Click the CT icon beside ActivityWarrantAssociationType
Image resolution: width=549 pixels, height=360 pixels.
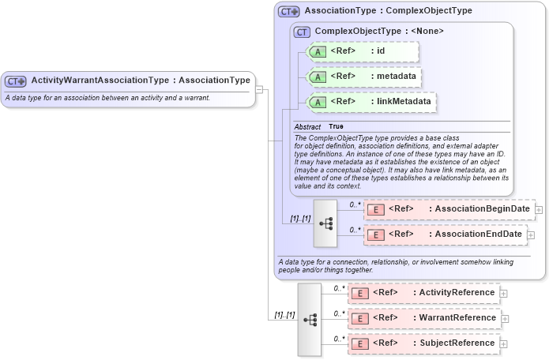pyautogui.click(x=16, y=81)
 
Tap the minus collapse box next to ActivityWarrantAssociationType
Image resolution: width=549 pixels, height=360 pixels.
pyautogui.click(x=258, y=88)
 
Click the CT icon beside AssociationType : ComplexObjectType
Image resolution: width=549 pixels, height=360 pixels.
pyautogui.click(x=289, y=12)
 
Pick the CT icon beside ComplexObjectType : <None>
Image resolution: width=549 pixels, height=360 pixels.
pyautogui.click(x=302, y=32)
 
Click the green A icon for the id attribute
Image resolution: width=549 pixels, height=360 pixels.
pyautogui.click(x=316, y=52)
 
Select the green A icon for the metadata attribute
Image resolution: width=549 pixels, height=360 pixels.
pyautogui.click(x=316, y=77)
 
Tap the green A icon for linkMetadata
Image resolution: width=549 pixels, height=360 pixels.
pyautogui.click(x=316, y=102)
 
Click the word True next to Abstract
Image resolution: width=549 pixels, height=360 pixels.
pyautogui.click(x=336, y=127)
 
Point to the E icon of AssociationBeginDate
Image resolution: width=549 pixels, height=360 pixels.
pyautogui.click(x=377, y=209)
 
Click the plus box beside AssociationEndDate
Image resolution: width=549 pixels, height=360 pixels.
pyautogui.click(x=531, y=234)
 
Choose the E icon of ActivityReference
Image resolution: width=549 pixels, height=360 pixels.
pyautogui.click(x=361, y=293)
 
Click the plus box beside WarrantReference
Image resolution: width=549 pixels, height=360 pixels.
pyautogui.click(x=504, y=319)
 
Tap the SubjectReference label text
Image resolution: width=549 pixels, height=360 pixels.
pyautogui.click(x=457, y=343)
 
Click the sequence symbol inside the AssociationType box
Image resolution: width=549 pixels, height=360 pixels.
pyautogui.click(x=325, y=223)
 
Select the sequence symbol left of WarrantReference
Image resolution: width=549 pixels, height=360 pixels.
pyautogui.click(x=310, y=319)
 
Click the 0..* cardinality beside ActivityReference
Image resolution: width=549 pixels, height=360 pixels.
pyautogui.click(x=339, y=288)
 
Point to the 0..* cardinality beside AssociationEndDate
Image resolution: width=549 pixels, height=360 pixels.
pyautogui.click(x=355, y=230)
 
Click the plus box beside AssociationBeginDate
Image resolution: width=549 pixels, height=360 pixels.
pyautogui.click(x=539, y=209)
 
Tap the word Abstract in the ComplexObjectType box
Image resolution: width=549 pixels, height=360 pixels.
pyautogui.click(x=307, y=127)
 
